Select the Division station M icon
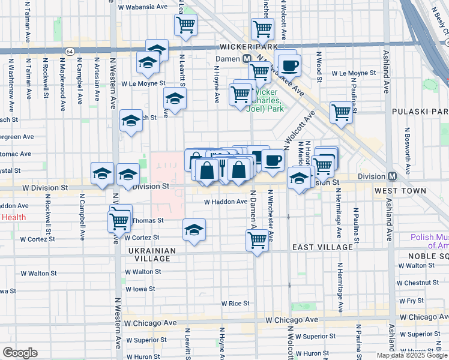(392, 176)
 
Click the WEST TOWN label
(400, 191)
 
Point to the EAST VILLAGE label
(322, 247)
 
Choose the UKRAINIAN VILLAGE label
(151, 254)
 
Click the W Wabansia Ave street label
(143, 8)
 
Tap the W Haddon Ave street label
(225, 202)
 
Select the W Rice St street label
(235, 304)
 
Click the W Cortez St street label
(38, 238)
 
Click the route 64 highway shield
(70, 52)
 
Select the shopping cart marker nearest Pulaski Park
(341, 112)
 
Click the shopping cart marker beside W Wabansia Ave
(185, 25)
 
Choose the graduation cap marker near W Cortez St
(194, 230)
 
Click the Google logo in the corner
(20, 353)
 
